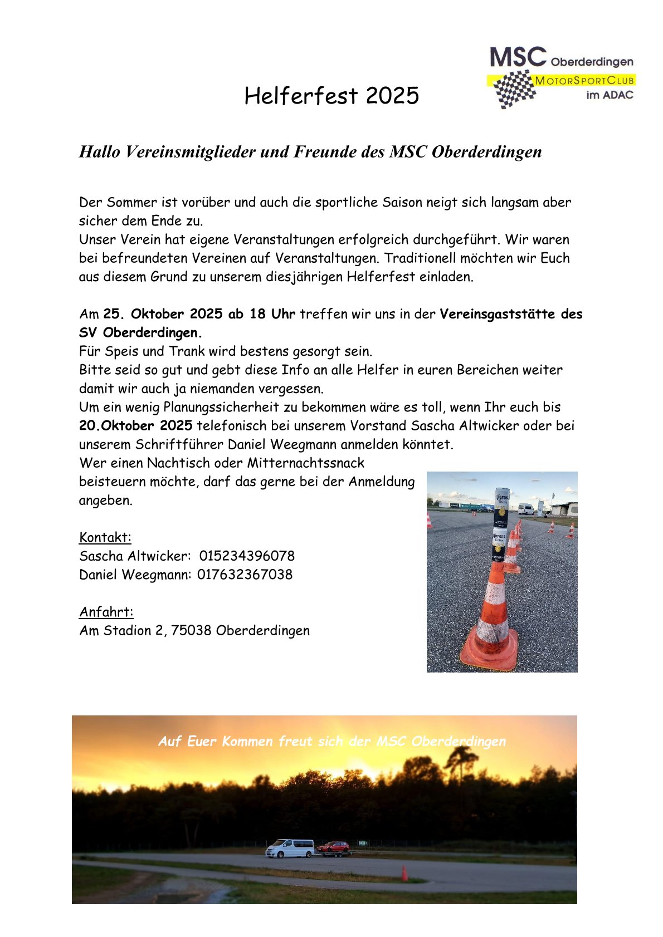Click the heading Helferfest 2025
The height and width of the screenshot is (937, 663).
pos(331,96)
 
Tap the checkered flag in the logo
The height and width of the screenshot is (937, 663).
pos(514,89)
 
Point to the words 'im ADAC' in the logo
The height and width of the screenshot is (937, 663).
pos(610,95)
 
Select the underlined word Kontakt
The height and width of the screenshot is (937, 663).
pos(105,537)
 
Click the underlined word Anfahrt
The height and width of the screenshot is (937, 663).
pos(106,612)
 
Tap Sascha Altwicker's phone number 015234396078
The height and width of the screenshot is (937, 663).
pos(247,556)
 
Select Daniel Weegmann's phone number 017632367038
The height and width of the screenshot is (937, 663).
pos(245,575)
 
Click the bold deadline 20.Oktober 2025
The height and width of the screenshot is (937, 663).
pos(136,426)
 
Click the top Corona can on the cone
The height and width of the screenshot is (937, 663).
pos(501,507)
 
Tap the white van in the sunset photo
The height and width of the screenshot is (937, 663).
pos(290,848)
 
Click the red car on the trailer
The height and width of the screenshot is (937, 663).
pos(333,847)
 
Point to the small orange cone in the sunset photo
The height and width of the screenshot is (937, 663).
pos(404,873)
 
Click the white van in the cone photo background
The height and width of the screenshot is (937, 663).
pos(525,508)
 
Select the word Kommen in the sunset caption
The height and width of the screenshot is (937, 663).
pos(247,742)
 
